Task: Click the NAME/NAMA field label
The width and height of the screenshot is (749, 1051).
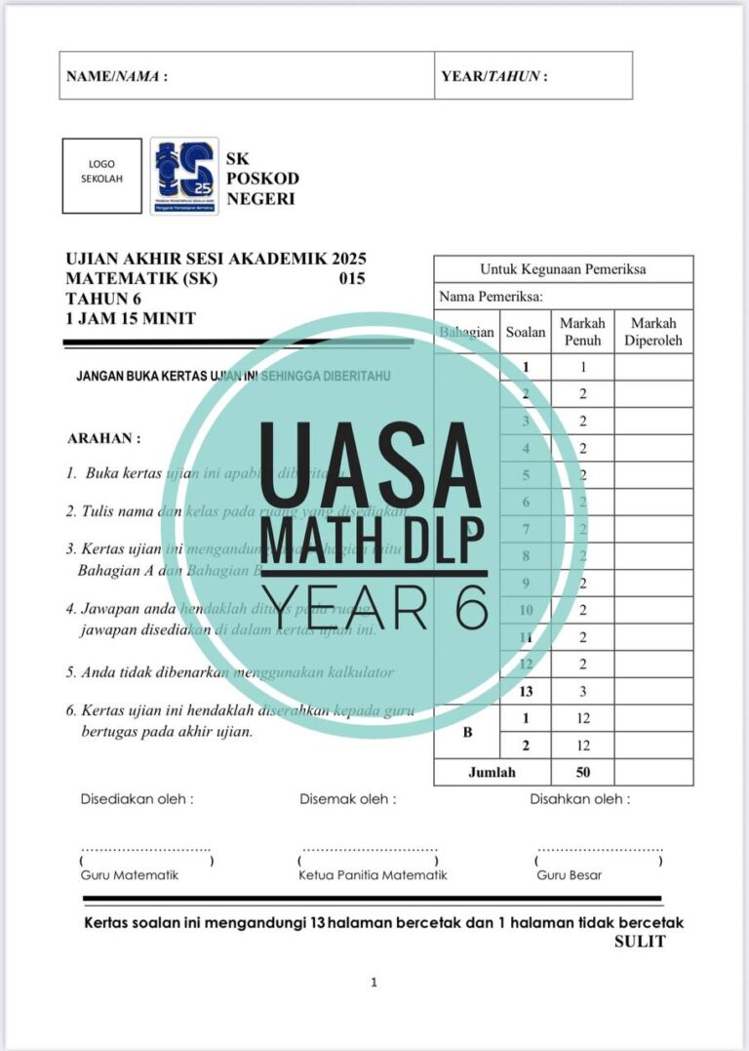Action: click(116, 76)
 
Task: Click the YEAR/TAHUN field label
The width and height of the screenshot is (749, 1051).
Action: click(494, 76)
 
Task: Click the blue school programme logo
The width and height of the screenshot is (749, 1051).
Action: click(184, 176)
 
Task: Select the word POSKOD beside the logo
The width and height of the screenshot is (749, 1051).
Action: click(262, 179)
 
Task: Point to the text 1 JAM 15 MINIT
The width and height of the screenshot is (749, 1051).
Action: click(131, 318)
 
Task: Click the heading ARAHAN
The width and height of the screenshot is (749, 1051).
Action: click(104, 439)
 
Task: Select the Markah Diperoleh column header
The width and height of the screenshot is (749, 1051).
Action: click(655, 332)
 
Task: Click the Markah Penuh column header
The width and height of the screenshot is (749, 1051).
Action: click(582, 332)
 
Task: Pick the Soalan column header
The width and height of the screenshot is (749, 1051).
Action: click(526, 333)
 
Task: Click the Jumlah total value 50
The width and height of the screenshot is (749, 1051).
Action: click(582, 772)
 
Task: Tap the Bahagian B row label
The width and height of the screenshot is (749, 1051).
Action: click(467, 732)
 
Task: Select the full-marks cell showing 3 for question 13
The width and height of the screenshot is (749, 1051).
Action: click(582, 691)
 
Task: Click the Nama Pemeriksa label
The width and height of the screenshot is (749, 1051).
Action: click(491, 297)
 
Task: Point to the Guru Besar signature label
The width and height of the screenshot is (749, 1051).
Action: click(569, 875)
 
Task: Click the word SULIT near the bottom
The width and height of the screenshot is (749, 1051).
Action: click(640, 942)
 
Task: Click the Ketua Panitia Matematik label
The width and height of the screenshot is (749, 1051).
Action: click(373, 875)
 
